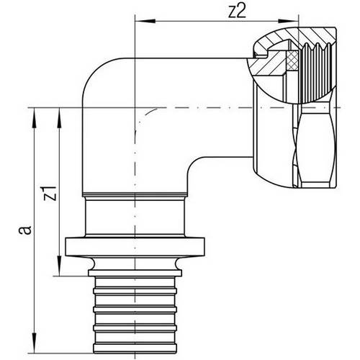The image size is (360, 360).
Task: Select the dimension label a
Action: [x=26, y=230]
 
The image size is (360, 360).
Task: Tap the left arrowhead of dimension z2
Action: [x=145, y=22]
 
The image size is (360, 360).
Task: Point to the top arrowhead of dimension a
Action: [x=35, y=117]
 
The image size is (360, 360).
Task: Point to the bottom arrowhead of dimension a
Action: [x=35, y=343]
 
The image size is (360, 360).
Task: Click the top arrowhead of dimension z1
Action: [x=59, y=117]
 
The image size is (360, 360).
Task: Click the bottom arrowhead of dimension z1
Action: [x=59, y=266]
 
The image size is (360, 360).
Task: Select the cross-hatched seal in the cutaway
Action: [x=293, y=60]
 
